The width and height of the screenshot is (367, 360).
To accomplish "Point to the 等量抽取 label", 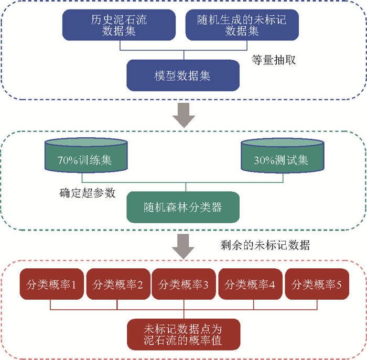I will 274,59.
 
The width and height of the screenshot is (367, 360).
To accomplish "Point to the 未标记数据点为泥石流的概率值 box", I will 183,335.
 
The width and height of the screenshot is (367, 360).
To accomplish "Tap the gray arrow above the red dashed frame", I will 183,246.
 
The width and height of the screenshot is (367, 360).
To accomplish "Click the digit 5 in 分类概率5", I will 339,285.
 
